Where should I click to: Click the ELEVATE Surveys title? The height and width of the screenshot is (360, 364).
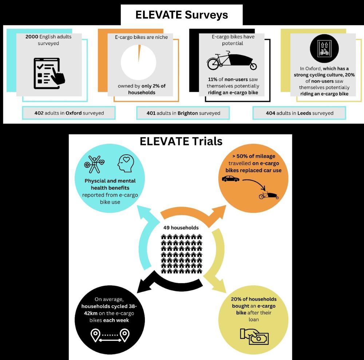[182, 15]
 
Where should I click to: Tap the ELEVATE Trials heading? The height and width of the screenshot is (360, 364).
[181, 141]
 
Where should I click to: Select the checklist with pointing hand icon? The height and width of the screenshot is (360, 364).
[49, 73]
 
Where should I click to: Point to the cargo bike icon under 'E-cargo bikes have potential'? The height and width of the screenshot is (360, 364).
[232, 62]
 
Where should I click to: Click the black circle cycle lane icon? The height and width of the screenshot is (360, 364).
[324, 48]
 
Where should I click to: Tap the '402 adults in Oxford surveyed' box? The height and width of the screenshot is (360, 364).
[69, 113]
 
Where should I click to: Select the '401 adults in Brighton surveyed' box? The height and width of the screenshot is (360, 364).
[183, 113]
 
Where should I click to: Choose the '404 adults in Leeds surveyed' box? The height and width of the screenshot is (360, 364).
[300, 113]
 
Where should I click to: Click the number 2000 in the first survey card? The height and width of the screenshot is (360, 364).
[32, 37]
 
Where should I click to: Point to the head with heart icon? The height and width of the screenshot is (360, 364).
[126, 163]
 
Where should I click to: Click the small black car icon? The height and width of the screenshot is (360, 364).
[230, 179]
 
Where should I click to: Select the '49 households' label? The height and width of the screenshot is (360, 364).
[181, 228]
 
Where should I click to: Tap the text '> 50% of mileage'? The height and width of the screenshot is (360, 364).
[254, 156]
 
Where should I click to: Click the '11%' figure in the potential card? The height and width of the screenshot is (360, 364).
[213, 79]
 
